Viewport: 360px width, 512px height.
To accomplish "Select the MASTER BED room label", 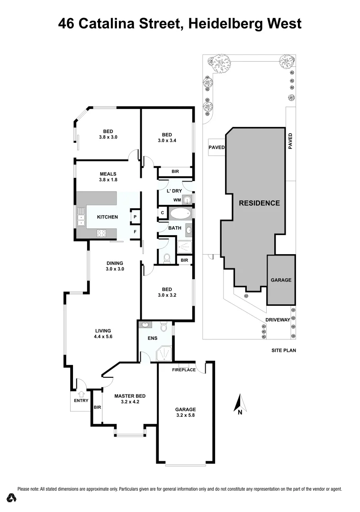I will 130,399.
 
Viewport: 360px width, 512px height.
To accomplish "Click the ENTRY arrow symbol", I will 81,393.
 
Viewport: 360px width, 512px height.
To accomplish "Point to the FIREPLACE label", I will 184,370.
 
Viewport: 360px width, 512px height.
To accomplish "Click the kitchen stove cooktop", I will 102,233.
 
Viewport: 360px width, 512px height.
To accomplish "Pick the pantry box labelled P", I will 135,217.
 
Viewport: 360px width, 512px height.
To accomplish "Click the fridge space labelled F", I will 135,232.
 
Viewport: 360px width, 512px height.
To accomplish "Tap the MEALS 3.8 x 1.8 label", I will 108,177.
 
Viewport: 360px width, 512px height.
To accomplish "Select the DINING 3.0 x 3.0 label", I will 115,266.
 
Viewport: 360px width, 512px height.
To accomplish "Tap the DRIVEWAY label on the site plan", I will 277,320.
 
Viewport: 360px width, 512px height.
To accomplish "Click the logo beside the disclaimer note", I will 11,497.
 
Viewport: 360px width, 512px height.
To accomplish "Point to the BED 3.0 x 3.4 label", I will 166,137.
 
